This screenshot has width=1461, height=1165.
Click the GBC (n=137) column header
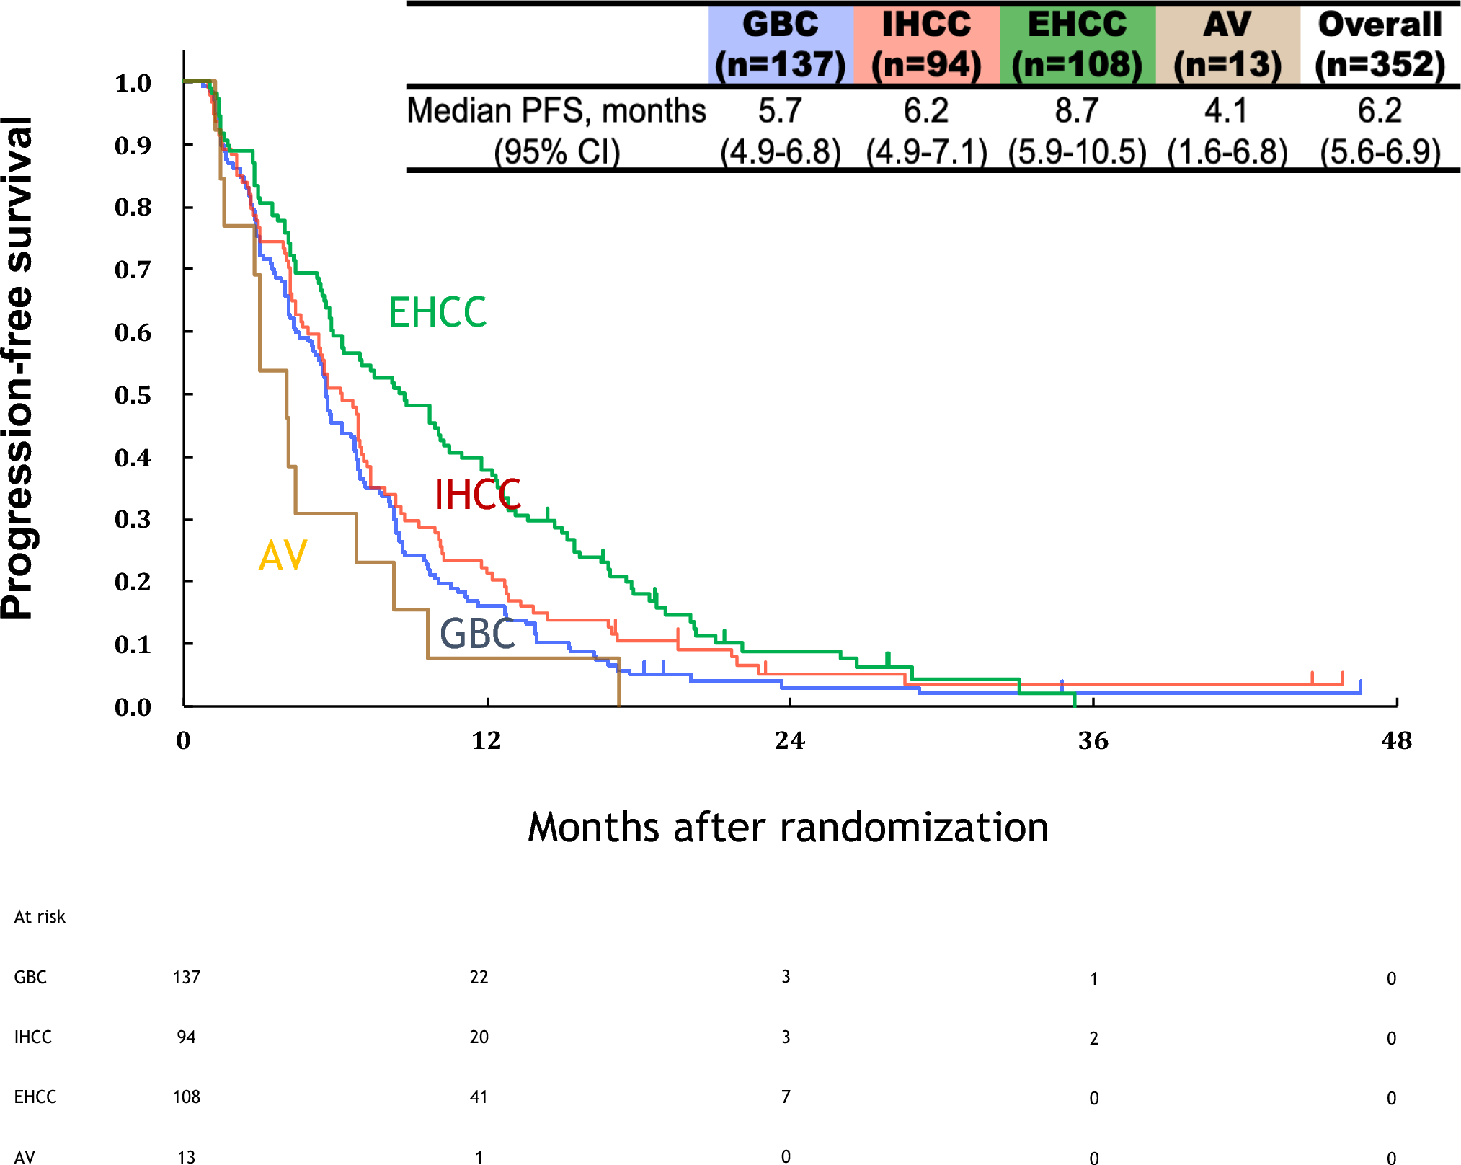pos(780,45)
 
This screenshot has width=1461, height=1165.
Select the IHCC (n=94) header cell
pos(926,45)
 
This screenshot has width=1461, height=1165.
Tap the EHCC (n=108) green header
pos(1077,45)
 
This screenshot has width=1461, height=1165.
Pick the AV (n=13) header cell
pos(1227,45)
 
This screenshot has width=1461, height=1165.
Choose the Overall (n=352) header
pos(1380,45)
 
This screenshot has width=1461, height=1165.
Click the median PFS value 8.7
pos(1077,111)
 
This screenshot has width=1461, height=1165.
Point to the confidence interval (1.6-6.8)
pos(1227,152)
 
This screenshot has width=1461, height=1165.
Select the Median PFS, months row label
pos(556,111)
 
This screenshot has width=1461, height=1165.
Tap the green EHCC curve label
pos(438,313)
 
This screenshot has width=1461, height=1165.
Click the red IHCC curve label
pos(477,495)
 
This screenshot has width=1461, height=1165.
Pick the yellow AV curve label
pos(283,556)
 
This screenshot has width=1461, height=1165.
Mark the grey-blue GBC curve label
pos(477,634)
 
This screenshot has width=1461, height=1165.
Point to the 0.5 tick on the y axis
pos(133,395)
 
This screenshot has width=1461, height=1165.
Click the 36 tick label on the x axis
pos(1093,740)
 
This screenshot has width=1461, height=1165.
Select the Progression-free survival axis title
pos(17,368)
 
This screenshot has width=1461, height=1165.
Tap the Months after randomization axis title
pos(788,827)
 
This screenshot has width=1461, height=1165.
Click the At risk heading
pos(40,917)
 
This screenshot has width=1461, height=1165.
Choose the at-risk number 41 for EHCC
pos(479,1097)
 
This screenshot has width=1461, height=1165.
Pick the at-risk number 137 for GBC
pos(186,977)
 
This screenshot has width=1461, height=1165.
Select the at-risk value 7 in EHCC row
pos(786,1097)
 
